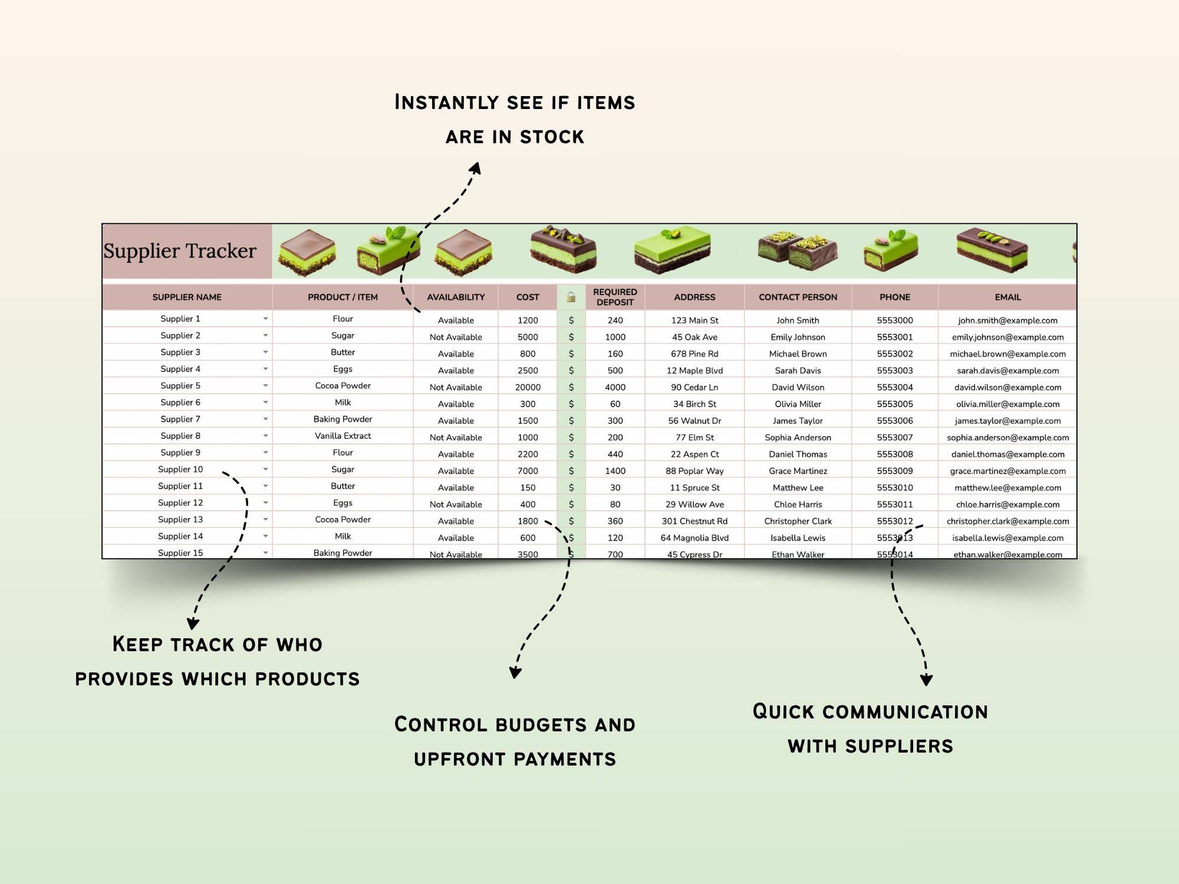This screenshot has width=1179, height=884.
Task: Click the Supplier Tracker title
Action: [x=180, y=251]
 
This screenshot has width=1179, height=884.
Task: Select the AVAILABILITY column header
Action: [x=456, y=297]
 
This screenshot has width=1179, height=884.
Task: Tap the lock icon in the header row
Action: [x=571, y=297]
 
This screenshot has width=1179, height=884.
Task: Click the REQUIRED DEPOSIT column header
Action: [x=615, y=297]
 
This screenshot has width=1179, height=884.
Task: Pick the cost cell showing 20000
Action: [x=528, y=387]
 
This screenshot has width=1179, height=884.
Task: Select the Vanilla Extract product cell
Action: [x=342, y=436]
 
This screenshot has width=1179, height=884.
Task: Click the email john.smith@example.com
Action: [x=1007, y=321]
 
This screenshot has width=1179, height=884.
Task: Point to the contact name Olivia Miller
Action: [x=798, y=404]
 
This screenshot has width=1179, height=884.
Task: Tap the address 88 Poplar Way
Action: [x=694, y=471]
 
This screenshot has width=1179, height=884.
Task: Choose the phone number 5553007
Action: [x=894, y=437]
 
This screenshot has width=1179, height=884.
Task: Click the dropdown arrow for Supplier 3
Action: [x=265, y=352]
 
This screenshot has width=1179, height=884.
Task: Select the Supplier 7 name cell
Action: [x=180, y=419]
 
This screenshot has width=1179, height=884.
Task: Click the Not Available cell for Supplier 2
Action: [x=456, y=337]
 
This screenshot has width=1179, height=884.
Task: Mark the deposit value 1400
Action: [x=615, y=471]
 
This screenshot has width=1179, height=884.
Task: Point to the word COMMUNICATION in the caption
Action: [x=905, y=712]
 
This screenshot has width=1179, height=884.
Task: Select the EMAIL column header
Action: [x=1007, y=297]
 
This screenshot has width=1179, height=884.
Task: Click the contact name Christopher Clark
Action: [x=798, y=522]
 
